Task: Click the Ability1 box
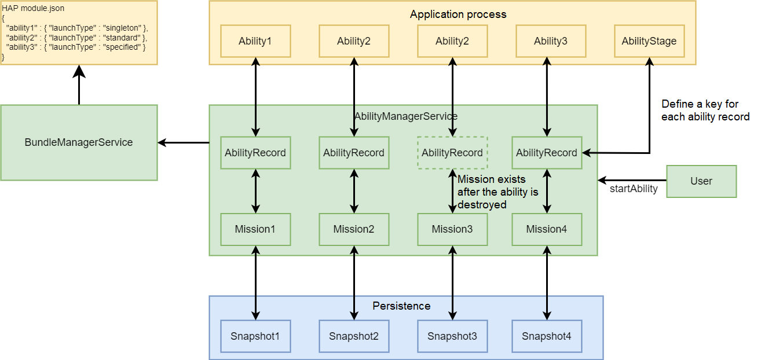coord(255,41)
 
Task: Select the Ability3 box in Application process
coord(551,41)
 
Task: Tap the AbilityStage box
coord(649,41)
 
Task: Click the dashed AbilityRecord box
coord(452,153)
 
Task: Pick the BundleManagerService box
coord(79,142)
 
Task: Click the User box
coord(701,181)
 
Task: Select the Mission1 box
coord(255,229)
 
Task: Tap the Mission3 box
coord(452,229)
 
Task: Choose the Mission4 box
coord(547,229)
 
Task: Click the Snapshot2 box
coord(354,336)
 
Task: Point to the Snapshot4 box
coord(547,336)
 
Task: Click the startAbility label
coord(634,189)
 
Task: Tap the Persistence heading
coord(401,306)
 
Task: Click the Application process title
coord(458,14)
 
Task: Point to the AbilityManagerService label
coord(406,116)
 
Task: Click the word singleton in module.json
coord(122,28)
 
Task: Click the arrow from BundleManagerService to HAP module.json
coord(79,85)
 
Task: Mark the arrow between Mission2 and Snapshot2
coord(354,283)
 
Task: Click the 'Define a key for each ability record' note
coord(705,111)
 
